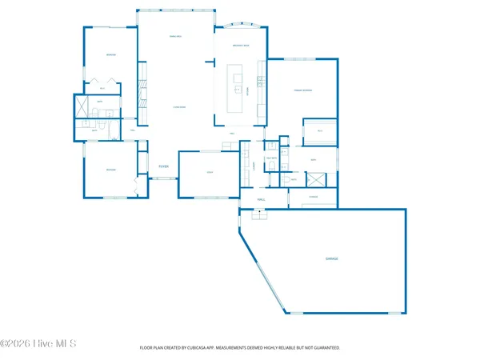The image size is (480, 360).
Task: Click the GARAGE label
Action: [331, 259]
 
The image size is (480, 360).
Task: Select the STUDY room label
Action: [210, 171]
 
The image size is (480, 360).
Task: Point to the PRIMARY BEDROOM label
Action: [302, 91]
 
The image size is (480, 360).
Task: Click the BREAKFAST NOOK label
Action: [241, 46]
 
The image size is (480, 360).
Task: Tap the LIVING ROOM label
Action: [180, 106]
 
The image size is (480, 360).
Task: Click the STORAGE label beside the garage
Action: [314, 197]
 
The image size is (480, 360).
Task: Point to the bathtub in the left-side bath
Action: [81, 106]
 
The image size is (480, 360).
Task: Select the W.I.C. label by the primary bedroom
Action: [319, 130]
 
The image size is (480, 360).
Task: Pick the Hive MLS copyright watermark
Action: [38, 344]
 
